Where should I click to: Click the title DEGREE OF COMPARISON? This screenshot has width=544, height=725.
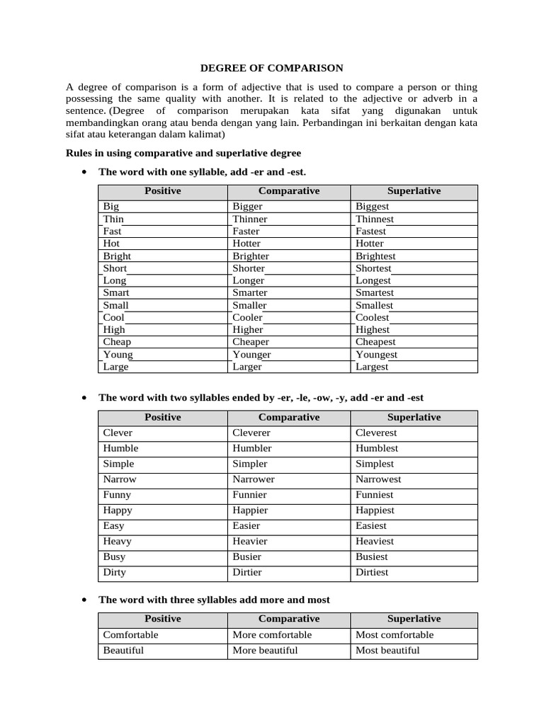[272, 68]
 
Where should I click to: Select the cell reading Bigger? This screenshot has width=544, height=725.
[247, 207]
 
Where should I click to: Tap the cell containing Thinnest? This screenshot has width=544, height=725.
[375, 219]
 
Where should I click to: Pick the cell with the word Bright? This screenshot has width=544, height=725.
[117, 256]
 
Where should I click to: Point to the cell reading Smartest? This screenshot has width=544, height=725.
[375, 292]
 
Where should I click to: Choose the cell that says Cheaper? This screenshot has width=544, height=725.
[251, 342]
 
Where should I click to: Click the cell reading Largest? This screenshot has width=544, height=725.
[372, 367]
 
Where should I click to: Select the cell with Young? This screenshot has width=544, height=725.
[118, 355]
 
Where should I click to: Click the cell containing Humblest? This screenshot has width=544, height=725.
[377, 448]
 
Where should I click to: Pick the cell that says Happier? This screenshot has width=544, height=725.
[250, 510]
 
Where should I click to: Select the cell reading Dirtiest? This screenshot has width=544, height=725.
[372, 572]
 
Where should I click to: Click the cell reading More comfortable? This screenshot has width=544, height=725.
[272, 635]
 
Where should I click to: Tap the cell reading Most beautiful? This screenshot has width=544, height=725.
[387, 651]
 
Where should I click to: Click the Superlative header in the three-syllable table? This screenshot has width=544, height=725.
[414, 619]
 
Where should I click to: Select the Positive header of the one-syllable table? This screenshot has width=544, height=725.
[162, 191]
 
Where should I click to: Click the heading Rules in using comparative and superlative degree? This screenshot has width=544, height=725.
[183, 153]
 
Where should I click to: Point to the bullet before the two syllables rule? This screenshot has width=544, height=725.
[84, 399]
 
